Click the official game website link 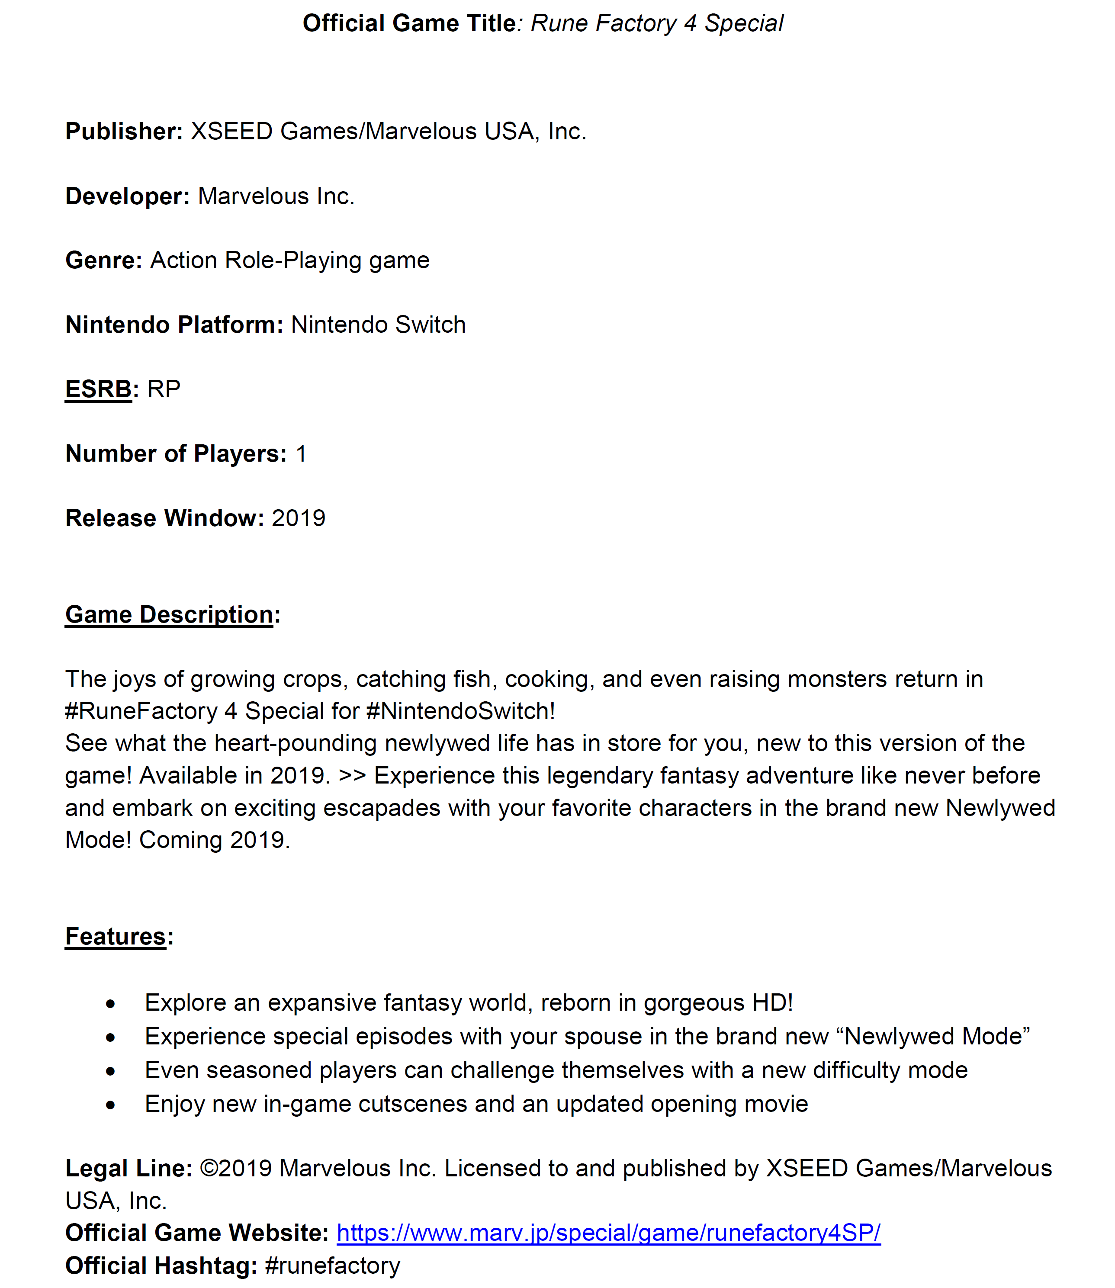tap(608, 1233)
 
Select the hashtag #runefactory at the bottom tap(332, 1266)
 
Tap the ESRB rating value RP tap(164, 389)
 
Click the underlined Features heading tap(116, 936)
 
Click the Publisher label tap(124, 131)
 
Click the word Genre tap(104, 260)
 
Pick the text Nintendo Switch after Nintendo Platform tap(378, 325)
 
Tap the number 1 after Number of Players tap(301, 453)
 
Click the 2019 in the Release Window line tap(299, 518)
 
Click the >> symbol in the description tap(352, 776)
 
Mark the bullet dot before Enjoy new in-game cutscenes tap(111, 1105)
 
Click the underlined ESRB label tap(98, 389)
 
